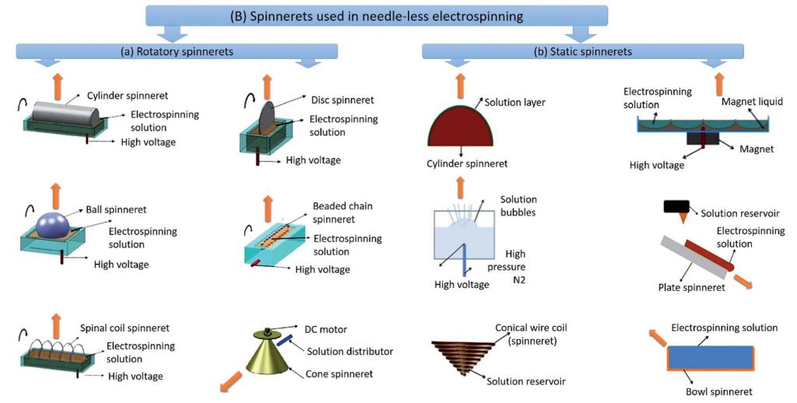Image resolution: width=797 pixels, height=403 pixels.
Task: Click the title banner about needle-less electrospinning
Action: click(377, 16)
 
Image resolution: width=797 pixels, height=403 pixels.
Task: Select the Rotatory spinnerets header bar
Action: click(177, 51)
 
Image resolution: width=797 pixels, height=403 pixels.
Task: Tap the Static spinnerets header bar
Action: click(583, 51)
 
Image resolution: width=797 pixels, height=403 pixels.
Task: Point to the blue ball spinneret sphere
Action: click(54, 225)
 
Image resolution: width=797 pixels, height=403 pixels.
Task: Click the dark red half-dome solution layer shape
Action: click(461, 125)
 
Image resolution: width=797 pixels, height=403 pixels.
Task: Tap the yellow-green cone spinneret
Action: click(268, 354)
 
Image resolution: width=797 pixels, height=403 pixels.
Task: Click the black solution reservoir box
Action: click(676, 206)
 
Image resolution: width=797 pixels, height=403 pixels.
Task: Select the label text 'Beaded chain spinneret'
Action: click(342, 213)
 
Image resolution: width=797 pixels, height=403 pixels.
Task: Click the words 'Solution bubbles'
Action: click(518, 206)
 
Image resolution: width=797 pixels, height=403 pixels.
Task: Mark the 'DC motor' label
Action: click(325, 329)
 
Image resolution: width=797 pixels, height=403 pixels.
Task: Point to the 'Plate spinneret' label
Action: click(691, 288)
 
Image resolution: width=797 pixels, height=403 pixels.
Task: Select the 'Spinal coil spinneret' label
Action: click(125, 328)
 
